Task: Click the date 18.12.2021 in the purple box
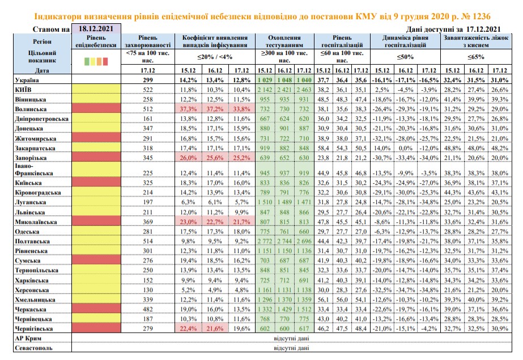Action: [96, 29]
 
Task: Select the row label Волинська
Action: [31, 109]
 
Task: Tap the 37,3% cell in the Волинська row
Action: [188, 109]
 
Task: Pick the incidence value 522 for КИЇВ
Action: [147, 90]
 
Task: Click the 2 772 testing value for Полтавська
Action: [265, 241]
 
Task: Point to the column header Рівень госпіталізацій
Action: [342, 41]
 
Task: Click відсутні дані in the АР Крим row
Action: [291, 338]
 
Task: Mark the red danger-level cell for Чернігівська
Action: [96, 328]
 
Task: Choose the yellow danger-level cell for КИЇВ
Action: [96, 90]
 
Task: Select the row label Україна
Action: [27, 80]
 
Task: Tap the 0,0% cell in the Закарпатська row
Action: [405, 148]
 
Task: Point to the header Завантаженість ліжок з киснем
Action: [476, 41]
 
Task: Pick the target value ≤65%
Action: [476, 57]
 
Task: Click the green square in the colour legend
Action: [87, 61]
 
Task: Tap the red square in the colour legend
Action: [105, 61]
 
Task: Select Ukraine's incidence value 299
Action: [147, 80]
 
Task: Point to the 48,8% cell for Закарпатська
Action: [452, 148]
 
